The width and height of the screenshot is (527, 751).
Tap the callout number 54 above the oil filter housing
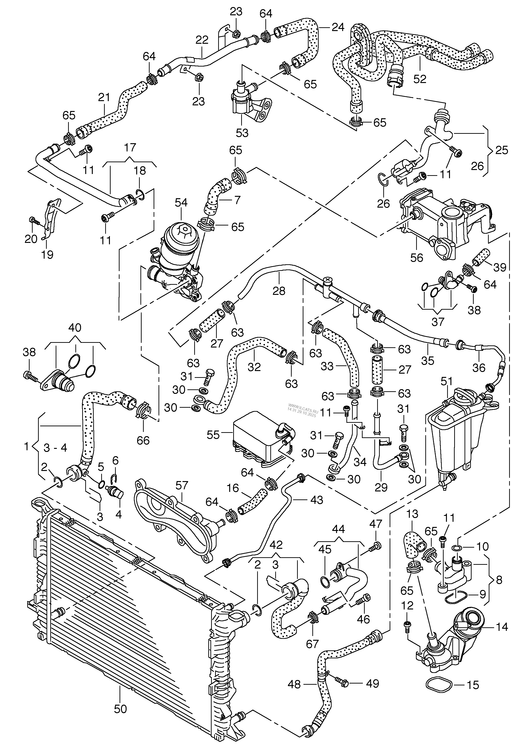[181, 202]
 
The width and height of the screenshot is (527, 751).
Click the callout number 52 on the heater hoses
[420, 79]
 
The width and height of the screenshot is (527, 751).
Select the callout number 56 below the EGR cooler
[417, 258]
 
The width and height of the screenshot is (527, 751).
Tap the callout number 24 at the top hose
[338, 27]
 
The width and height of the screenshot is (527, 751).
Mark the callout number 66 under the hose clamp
[143, 440]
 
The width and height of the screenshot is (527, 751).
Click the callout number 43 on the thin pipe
[316, 500]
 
